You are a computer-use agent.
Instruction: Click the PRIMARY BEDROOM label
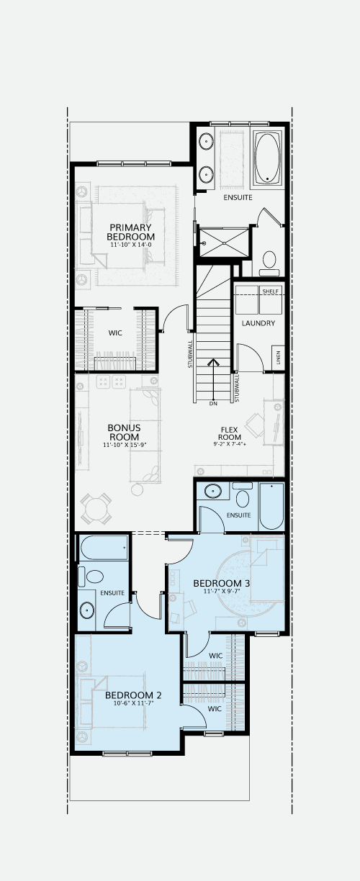pos(130,232)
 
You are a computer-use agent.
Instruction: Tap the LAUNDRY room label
pos(258,323)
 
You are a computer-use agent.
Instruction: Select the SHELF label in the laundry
pos(270,292)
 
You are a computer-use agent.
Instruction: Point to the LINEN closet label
pos(278,358)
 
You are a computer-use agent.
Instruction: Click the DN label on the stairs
pos(213,404)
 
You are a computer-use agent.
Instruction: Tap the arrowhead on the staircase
pos(213,362)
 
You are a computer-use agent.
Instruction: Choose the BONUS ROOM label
pos(125,433)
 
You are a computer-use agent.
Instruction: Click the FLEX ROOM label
pos(230,433)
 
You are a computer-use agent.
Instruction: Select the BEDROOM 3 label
pos(222,583)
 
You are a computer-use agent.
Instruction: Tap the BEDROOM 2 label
pos(133,695)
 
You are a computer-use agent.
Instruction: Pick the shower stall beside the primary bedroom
pos(224,243)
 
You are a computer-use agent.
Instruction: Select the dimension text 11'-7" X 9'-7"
pos(222,591)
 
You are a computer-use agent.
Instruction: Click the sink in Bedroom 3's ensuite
pos(213,491)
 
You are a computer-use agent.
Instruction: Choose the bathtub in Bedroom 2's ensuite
pos(104,547)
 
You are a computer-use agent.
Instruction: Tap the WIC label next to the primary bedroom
pos(115,333)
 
